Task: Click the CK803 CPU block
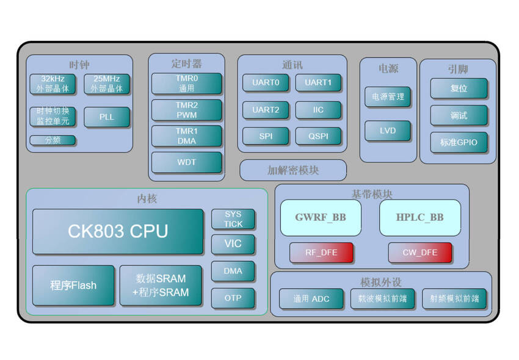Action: point(118,232)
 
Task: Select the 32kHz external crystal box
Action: point(53,84)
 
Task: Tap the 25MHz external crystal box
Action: point(107,84)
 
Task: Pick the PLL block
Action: point(107,117)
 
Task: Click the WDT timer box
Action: point(187,163)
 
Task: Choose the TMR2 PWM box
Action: point(187,110)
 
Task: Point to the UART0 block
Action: point(266,82)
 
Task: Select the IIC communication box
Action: point(318,110)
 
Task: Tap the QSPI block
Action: point(318,136)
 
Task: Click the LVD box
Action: point(388,131)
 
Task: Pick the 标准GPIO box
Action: point(459,143)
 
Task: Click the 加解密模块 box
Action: point(293,170)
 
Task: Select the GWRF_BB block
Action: point(321,218)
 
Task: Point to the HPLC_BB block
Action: point(420,218)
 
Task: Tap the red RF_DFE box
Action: point(322,253)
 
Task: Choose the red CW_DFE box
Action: point(420,253)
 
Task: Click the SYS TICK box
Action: point(233,219)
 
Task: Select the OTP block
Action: point(233,298)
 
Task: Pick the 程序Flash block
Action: point(73,285)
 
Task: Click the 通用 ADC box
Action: point(311,298)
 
